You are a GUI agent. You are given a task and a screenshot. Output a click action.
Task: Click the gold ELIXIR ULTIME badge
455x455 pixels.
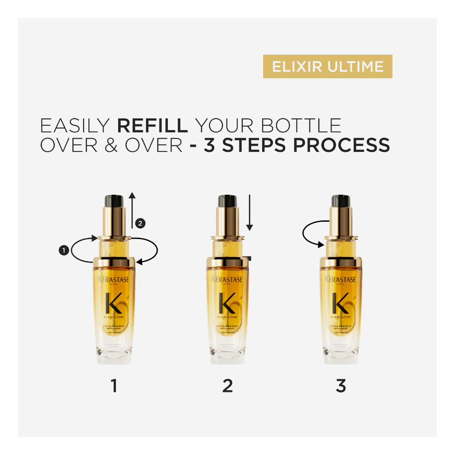tap(327, 67)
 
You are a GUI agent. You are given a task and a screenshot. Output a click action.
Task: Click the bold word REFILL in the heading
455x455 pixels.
tap(152, 126)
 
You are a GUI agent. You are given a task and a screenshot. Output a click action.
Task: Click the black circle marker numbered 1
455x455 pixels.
tap(63, 251)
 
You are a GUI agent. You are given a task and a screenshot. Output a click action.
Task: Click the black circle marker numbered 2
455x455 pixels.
tap(140, 224)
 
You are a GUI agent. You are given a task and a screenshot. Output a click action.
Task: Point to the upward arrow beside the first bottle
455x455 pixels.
tap(132, 209)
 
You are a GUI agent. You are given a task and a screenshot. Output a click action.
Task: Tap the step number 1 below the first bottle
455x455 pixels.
tap(114, 386)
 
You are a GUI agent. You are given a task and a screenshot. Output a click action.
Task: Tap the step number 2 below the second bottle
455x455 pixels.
tap(227, 386)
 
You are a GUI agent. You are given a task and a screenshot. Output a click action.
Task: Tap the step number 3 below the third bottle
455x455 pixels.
tap(341, 386)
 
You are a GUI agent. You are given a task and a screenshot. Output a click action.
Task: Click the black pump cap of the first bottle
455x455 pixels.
tap(114, 200)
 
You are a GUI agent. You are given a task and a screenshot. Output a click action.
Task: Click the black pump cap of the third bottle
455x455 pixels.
tap(341, 200)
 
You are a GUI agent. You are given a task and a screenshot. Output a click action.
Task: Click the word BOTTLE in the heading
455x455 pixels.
tap(301, 126)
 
